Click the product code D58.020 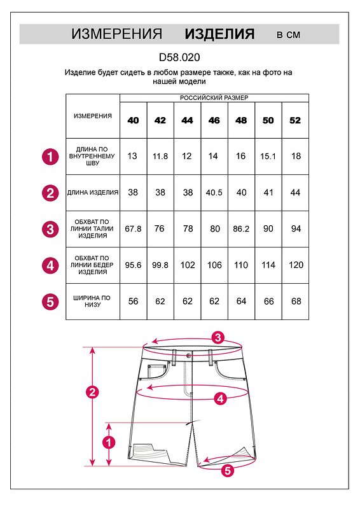(179, 57)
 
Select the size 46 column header (214, 120)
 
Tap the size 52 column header (295, 120)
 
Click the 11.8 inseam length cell (160, 157)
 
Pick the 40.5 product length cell (214, 193)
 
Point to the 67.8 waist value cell (133, 229)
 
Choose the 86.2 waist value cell (241, 229)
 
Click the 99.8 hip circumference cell (160, 265)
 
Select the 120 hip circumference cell (296, 265)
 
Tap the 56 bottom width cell (133, 301)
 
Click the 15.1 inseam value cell (268, 157)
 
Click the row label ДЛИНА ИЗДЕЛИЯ (93, 193)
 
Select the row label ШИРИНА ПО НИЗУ (92, 301)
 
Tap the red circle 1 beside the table (50, 157)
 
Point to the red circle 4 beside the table (50, 266)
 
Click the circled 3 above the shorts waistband (218, 338)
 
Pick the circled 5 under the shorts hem (228, 470)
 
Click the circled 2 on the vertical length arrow (92, 392)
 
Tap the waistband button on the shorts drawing (189, 356)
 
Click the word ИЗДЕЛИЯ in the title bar (220, 34)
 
